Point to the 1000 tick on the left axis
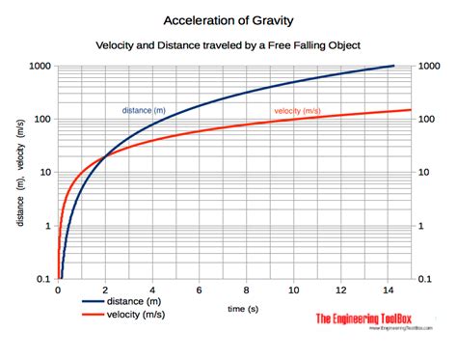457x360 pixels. pyautogui.click(x=38, y=66)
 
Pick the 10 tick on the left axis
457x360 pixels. pyautogui.click(x=42, y=173)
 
